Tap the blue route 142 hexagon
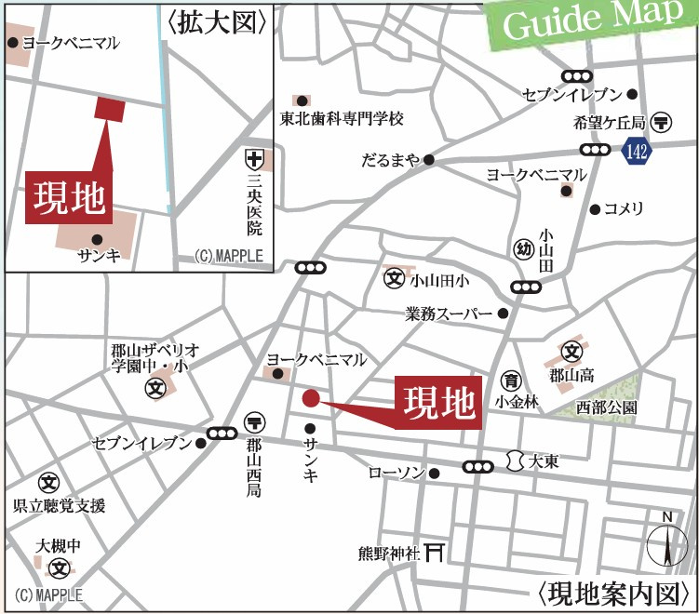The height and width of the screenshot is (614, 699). [x=636, y=151]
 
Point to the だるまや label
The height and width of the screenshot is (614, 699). [x=390, y=160]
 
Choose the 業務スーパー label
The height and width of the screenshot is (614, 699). [x=449, y=314]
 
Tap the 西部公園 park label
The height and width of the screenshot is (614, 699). [x=606, y=407]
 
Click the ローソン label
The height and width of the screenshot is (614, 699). [x=397, y=473]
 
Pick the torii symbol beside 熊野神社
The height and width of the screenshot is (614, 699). [x=434, y=552]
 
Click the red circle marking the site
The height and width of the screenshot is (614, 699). [x=312, y=399]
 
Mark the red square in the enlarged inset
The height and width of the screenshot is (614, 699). [x=110, y=109]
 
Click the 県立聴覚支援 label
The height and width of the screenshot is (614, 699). [x=59, y=506]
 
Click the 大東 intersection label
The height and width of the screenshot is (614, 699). [x=544, y=460]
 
